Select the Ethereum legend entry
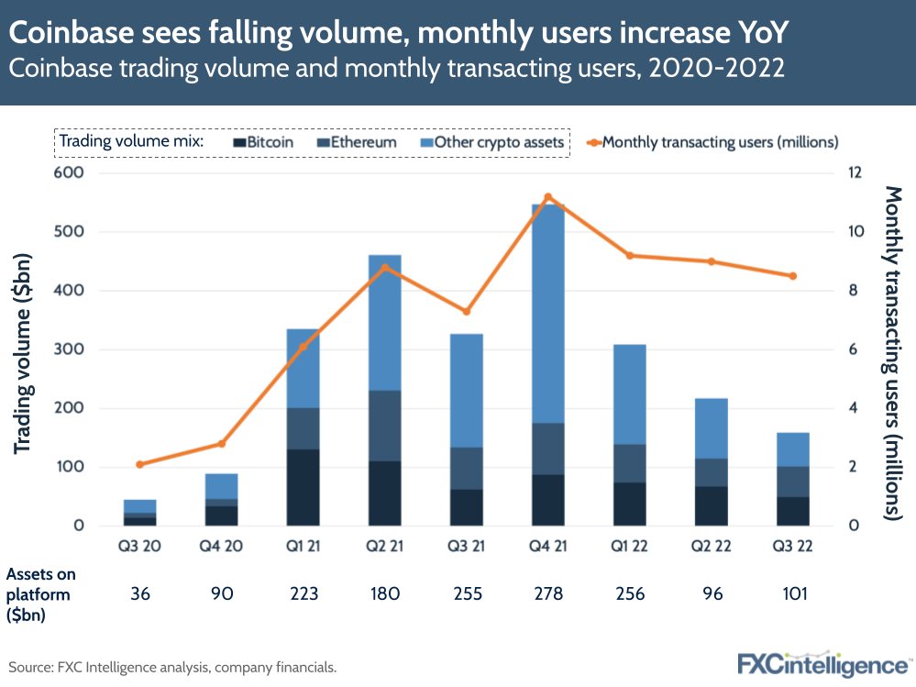click(357, 142)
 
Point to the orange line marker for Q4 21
click(547, 197)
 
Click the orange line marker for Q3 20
click(140, 464)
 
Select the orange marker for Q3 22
click(793, 276)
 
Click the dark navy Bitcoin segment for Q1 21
click(303, 487)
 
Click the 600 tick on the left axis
click(71, 173)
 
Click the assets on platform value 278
click(547, 593)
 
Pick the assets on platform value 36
click(140, 593)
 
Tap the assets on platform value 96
click(711, 593)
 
